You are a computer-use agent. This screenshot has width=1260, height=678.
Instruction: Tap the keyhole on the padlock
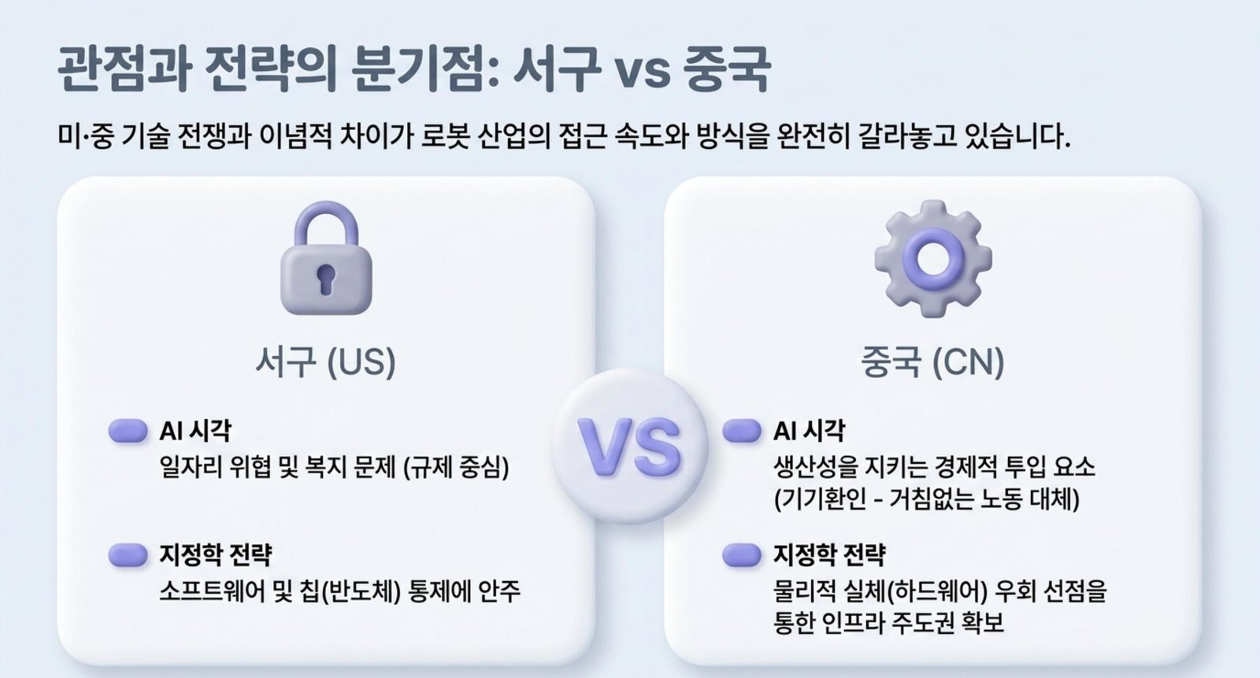(326, 278)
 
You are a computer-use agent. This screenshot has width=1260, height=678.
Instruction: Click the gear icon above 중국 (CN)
(933, 258)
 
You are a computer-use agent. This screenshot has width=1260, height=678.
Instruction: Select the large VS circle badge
(630, 446)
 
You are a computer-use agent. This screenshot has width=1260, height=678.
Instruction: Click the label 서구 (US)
(326, 361)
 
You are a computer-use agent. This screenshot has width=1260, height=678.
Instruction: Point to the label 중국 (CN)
(932, 361)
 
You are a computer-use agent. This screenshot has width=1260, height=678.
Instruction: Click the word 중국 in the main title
(726, 70)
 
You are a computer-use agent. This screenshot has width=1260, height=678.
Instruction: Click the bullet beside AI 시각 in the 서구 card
(128, 431)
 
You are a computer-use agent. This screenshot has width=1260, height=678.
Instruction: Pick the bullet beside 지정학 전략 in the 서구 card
(128, 555)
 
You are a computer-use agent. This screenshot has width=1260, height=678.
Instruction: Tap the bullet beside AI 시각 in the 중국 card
(742, 431)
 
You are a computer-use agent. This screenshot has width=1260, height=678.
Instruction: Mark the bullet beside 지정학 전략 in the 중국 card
(742, 555)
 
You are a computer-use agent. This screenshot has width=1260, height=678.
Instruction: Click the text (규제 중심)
(456, 468)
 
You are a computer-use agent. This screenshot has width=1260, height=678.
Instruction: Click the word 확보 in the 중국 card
(984, 623)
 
